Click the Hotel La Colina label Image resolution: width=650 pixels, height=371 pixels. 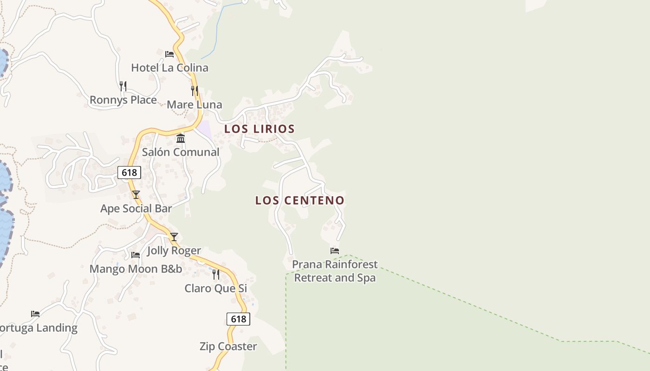(169, 68)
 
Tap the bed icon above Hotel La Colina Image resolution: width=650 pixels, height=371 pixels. (169, 54)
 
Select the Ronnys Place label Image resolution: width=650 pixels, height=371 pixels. (123, 100)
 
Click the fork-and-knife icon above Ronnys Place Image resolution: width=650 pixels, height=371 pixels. (123, 86)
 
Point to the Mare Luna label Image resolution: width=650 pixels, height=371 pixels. (195, 104)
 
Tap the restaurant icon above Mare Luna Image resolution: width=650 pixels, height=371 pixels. (195, 91)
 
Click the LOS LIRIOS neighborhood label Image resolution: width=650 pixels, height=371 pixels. (260, 129)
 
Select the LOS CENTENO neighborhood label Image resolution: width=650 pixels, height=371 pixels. (300, 200)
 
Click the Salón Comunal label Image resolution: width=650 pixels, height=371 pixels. (181, 152)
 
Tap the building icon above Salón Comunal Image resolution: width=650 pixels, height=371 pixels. (181, 138)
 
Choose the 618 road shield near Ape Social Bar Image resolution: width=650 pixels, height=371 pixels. (129, 173)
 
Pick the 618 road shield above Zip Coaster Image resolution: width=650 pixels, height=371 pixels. (238, 319)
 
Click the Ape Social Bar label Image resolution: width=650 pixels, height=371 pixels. (136, 209)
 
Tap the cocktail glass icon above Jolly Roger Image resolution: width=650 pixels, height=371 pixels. (174, 237)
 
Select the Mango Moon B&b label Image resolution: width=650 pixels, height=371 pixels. (136, 269)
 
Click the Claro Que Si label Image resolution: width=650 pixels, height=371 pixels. (216, 288)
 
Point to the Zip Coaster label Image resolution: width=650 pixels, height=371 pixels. (228, 346)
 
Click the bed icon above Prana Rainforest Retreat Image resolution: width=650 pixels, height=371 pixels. (335, 251)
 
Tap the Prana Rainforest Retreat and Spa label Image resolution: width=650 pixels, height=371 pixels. (335, 271)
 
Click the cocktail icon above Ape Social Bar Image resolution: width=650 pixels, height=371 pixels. (136, 195)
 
